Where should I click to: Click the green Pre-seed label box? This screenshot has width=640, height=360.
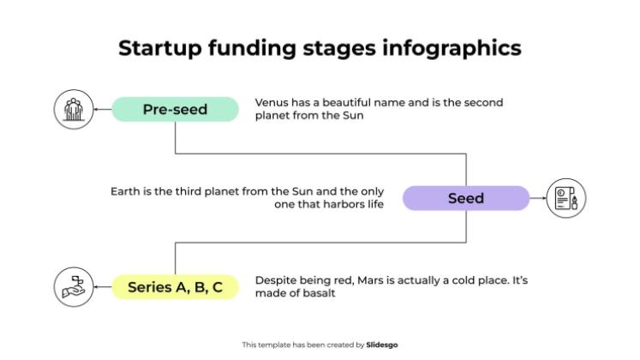coord(176,109)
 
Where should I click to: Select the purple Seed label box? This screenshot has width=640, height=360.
coord(466,198)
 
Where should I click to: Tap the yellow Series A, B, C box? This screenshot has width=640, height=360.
coord(176,287)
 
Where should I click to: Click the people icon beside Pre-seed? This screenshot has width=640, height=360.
coord(73,109)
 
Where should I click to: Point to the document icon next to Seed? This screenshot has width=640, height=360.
coord(566,198)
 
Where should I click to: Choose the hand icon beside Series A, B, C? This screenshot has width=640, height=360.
coord(73,287)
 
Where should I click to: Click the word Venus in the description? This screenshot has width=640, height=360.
coord(272,102)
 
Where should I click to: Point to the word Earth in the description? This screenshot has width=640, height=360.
coord(125,191)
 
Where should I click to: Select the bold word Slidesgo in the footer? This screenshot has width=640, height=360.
coord(382,345)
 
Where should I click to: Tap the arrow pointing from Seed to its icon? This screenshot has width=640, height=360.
coord(537,198)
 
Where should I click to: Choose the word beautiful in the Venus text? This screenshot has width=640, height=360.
coord(350,102)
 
